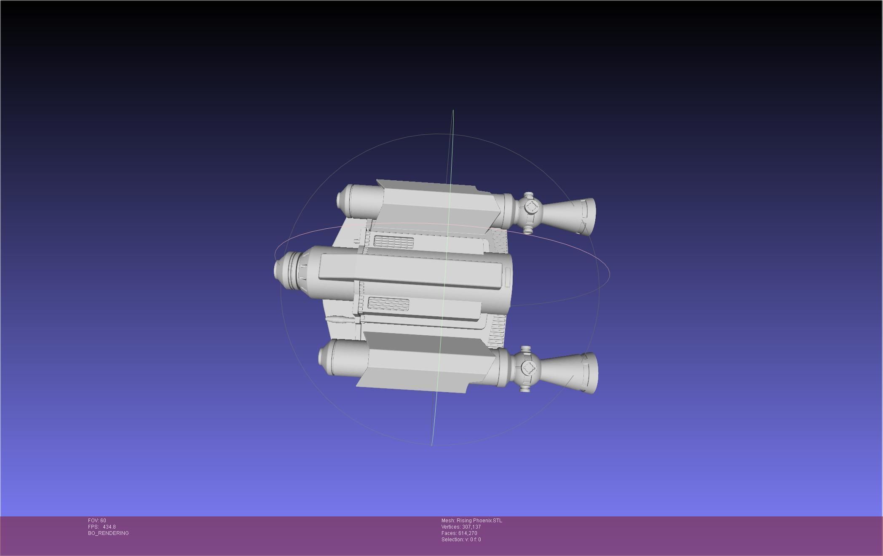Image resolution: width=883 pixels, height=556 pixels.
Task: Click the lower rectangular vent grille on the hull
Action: click(388, 304)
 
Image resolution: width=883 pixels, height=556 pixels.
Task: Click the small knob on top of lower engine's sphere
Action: click(525, 350)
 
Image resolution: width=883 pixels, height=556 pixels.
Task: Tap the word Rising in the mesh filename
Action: click(464, 521)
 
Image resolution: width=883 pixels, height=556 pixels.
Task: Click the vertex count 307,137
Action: click(471, 527)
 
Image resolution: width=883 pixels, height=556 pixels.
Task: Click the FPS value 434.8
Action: click(109, 527)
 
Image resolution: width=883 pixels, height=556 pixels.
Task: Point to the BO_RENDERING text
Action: click(108, 533)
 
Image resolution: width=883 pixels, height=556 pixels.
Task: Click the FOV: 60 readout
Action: click(97, 521)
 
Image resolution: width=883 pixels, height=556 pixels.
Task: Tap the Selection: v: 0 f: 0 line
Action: click(461, 540)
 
